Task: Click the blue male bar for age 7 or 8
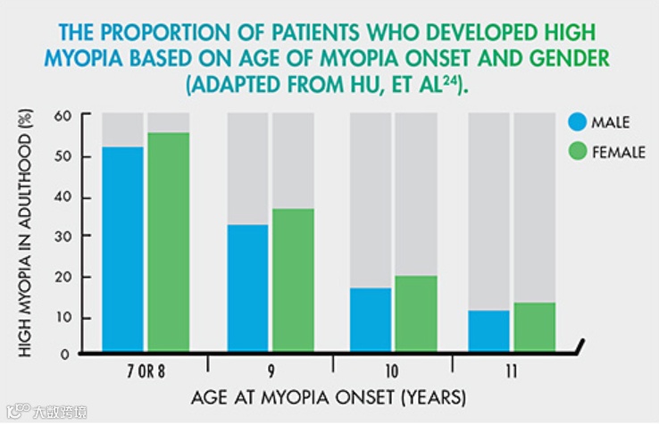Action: click(122, 249)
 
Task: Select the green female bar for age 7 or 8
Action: click(168, 242)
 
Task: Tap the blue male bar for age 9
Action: click(247, 288)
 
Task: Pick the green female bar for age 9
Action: click(293, 280)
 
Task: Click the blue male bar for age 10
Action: click(371, 320)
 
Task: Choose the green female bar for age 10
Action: click(416, 313)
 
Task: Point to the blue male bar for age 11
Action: click(488, 331)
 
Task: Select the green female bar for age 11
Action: click(535, 327)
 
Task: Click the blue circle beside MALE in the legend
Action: click(578, 122)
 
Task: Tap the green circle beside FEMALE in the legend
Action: click(578, 151)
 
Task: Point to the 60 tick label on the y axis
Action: click(63, 115)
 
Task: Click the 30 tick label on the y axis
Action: click(63, 237)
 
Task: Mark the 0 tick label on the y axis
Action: click(64, 354)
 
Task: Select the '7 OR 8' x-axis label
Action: click(146, 371)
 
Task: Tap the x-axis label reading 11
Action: click(511, 371)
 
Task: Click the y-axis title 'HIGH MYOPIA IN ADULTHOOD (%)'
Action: click(25, 233)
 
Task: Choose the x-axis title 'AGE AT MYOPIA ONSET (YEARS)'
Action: click(329, 397)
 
